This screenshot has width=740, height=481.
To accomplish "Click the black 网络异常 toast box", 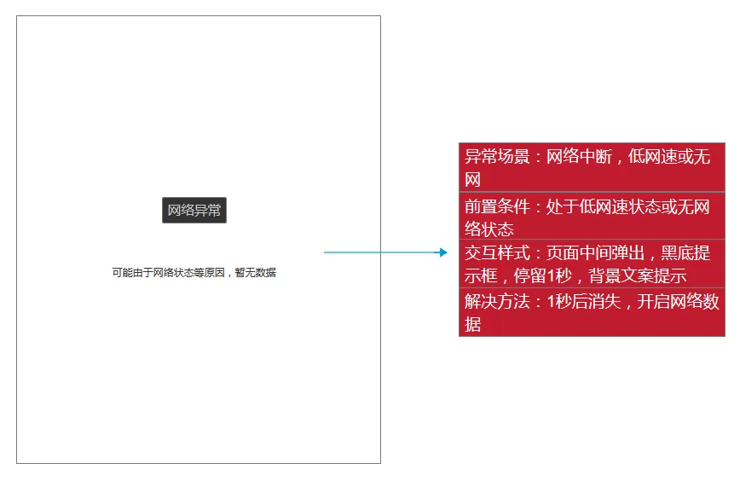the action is coord(194,210).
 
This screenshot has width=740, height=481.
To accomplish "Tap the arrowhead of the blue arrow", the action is coord(442,252).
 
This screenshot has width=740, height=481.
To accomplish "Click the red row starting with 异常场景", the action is coord(592,167).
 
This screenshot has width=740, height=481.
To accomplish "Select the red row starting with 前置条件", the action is coord(592,217).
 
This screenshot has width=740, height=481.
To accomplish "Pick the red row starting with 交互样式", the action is coord(592,264).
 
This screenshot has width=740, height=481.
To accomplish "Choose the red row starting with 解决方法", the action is coord(592,312).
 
